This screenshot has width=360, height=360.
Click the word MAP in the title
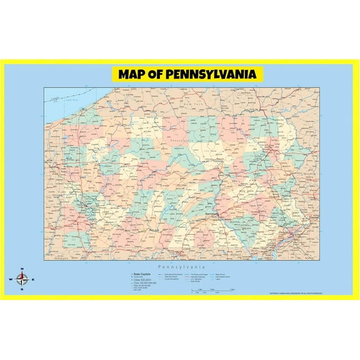click(x=134, y=74)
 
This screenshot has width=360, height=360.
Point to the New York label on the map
click(x=203, y=104)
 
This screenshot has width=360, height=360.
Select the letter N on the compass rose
click(x=22, y=270)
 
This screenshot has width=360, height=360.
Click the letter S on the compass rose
click(x=22, y=289)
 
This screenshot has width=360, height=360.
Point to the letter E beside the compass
click(x=34, y=280)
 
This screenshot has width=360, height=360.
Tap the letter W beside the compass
click(x=11, y=280)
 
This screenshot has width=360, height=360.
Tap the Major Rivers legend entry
click(x=221, y=274)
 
